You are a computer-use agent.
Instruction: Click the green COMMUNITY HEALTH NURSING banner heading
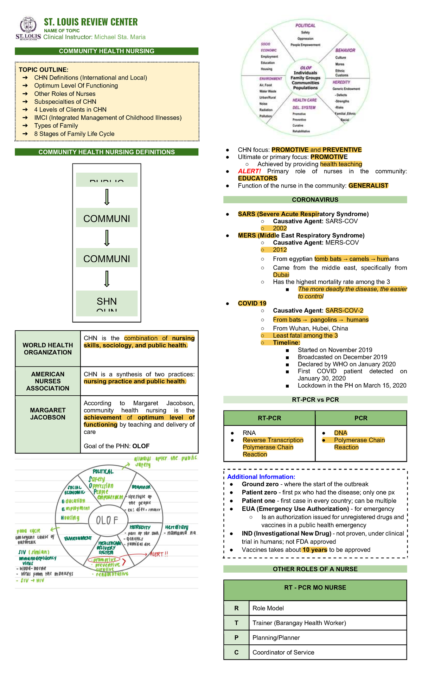pyautogui.click(x=107, y=51)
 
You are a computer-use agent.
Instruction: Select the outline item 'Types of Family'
pyautogui.click(x=56, y=126)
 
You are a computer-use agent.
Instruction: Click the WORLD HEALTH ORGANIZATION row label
pyautogui.click(x=48, y=349)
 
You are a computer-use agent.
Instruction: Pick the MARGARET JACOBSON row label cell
pyautogui.click(x=48, y=414)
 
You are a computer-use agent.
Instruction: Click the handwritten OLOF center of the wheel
pyautogui.click(x=107, y=520)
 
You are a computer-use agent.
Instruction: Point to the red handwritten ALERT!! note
pyautogui.click(x=159, y=554)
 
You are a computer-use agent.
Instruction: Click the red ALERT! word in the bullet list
pyautogui.click(x=249, y=171)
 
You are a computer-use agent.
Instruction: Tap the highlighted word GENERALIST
pyautogui.click(x=368, y=186)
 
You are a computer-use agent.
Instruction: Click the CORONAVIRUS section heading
pyautogui.click(x=315, y=200)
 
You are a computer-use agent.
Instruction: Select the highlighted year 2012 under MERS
pyautogui.click(x=280, y=250)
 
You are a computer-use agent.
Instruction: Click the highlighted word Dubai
pyautogui.click(x=281, y=275)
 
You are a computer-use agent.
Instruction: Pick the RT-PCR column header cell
pyautogui.click(x=269, y=418)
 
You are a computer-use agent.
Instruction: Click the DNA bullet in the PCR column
pyautogui.click(x=340, y=433)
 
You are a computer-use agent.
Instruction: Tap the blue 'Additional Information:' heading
pyautogui.click(x=261, y=477)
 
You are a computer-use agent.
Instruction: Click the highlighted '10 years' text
pyautogui.click(x=315, y=550)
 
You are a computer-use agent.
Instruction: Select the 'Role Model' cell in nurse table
pyautogui.click(x=268, y=608)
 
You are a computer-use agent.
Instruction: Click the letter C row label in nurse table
pyautogui.click(x=236, y=652)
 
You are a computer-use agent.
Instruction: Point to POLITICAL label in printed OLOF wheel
pyautogui.click(x=305, y=26)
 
